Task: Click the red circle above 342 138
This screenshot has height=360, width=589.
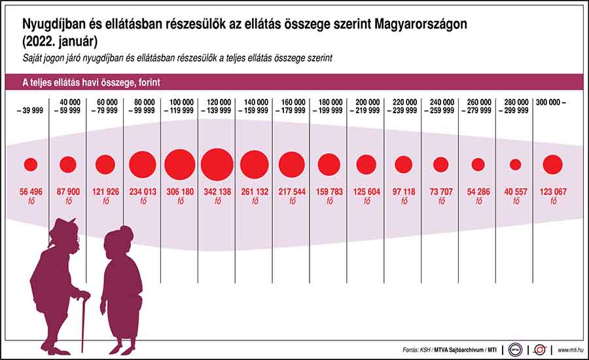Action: [x=217, y=164]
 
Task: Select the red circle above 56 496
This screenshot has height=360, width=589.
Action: [x=30, y=164]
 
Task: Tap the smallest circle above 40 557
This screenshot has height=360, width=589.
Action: [x=516, y=164]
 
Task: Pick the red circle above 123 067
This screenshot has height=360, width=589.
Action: [x=553, y=164]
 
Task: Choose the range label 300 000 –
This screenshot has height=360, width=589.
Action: [x=550, y=103]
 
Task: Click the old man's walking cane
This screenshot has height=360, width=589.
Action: [x=83, y=321]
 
